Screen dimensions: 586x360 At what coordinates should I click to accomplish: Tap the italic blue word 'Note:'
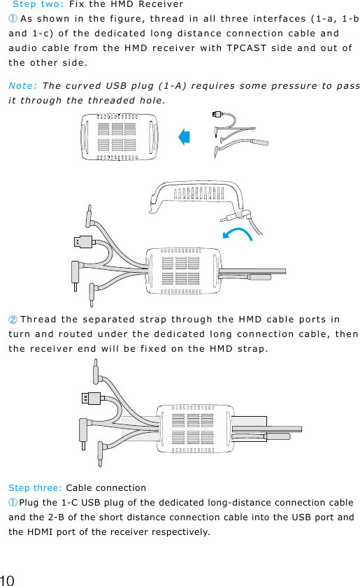[22, 86]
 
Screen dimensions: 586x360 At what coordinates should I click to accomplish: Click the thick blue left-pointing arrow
[185, 137]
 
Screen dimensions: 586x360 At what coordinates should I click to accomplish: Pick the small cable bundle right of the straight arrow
[238, 135]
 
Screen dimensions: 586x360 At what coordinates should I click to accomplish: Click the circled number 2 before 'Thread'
[13, 320]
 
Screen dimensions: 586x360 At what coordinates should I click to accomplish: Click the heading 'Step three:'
[35, 487]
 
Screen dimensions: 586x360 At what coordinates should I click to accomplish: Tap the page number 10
[8, 579]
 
